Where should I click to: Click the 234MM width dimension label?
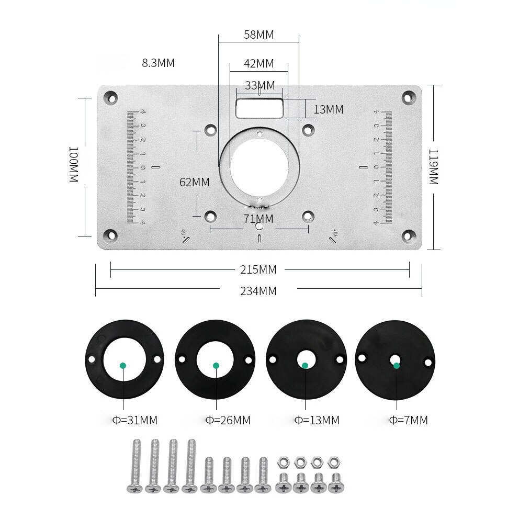(x=258, y=291)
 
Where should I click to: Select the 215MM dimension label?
(x=258, y=270)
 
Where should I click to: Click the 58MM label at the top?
(x=258, y=35)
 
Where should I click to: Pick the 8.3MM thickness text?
(x=158, y=63)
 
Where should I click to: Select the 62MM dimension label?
(x=194, y=183)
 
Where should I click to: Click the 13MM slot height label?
(x=328, y=109)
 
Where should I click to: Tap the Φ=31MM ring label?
(x=135, y=420)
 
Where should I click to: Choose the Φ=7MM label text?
(x=408, y=420)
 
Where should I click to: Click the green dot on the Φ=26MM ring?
(x=216, y=366)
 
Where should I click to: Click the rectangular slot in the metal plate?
(x=259, y=108)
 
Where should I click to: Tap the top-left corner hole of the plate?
(x=110, y=97)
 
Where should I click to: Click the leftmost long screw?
(x=135, y=466)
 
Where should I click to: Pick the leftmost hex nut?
(x=283, y=462)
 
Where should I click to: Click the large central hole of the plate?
(x=258, y=166)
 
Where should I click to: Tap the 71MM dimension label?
(x=258, y=218)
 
